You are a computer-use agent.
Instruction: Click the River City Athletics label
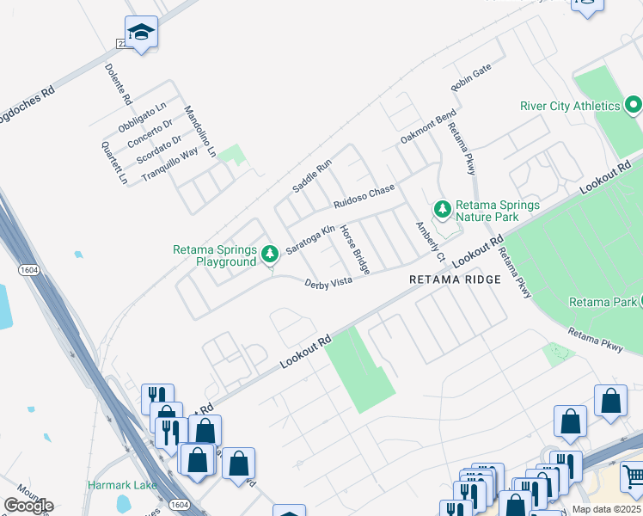(570, 106)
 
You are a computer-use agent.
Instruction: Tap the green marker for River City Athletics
(634, 107)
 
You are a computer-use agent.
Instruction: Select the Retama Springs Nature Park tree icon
(442, 209)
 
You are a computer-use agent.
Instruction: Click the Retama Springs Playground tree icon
(270, 254)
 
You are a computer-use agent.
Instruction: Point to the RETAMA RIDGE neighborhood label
(455, 279)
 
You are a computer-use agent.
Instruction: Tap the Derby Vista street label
(328, 283)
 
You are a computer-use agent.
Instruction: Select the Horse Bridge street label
(354, 249)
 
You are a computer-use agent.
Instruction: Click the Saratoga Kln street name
(310, 236)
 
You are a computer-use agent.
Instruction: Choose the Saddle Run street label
(311, 175)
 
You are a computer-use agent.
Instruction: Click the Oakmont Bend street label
(428, 127)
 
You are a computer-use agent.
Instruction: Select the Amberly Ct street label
(428, 243)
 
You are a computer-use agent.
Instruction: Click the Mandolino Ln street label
(199, 132)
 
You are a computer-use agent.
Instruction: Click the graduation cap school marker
(141, 33)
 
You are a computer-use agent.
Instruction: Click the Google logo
(28, 506)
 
